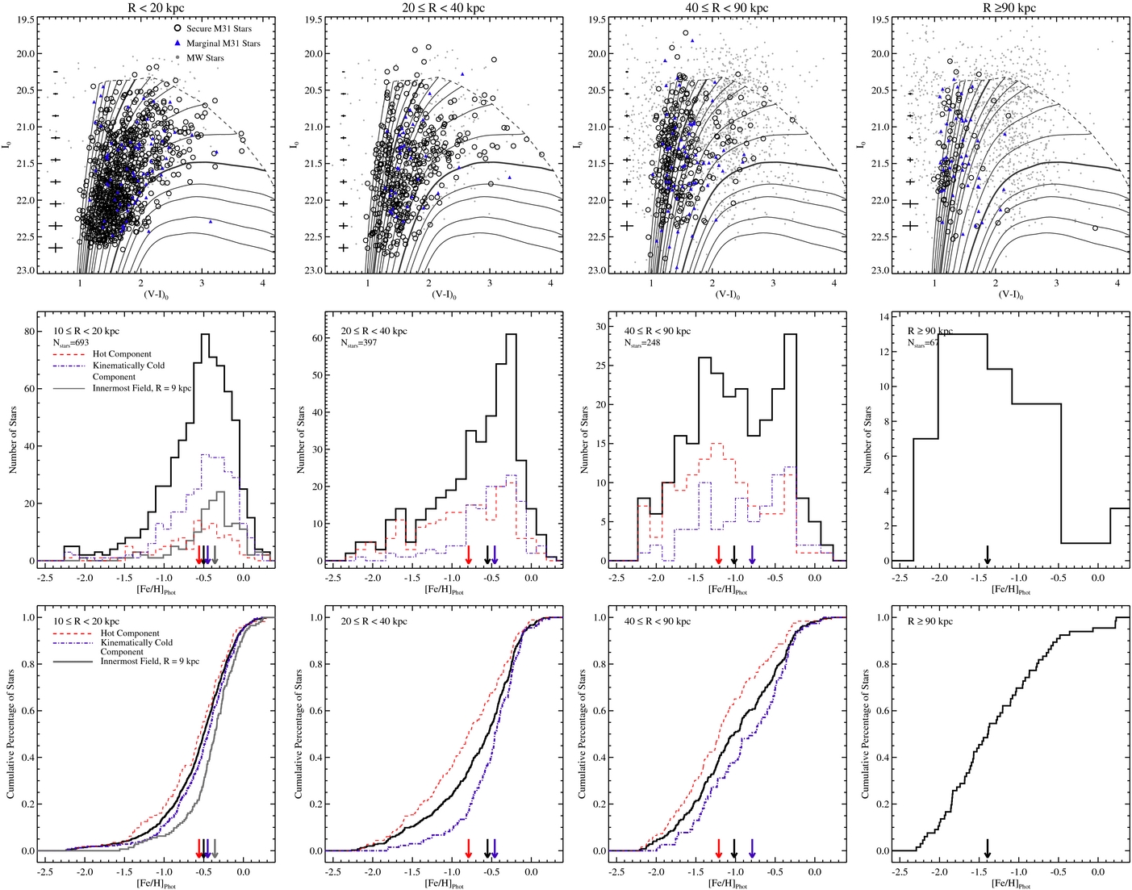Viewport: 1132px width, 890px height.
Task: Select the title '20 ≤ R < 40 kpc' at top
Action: pyautogui.click(x=444, y=8)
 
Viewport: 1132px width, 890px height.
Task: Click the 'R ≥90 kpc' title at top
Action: pyautogui.click(x=1009, y=8)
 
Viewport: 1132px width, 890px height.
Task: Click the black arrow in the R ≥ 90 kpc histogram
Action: pyautogui.click(x=988, y=554)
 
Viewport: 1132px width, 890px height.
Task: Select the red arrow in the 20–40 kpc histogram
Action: pyautogui.click(x=469, y=554)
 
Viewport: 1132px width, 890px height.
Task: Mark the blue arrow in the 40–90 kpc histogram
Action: pyautogui.click(x=752, y=554)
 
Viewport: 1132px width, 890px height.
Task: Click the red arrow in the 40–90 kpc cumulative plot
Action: pyautogui.click(x=719, y=846)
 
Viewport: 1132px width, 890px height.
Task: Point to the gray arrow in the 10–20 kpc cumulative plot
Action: pyautogui.click(x=215, y=846)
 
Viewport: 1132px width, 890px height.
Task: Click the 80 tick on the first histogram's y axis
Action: pyautogui.click(x=29, y=331)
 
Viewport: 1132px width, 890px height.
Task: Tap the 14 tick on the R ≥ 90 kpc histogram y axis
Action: pyautogui.click(x=883, y=317)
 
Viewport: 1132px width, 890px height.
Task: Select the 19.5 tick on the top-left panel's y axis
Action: pyautogui.click(x=24, y=19)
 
